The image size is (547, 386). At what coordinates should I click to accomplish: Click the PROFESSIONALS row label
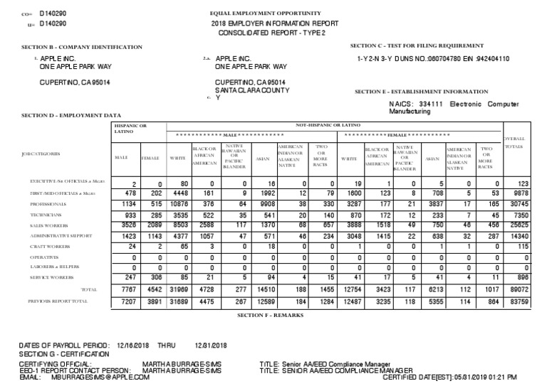click(47, 203)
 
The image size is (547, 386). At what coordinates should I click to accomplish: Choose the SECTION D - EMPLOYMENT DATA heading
click(71, 114)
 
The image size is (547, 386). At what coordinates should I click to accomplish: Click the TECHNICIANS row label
click(46, 214)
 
